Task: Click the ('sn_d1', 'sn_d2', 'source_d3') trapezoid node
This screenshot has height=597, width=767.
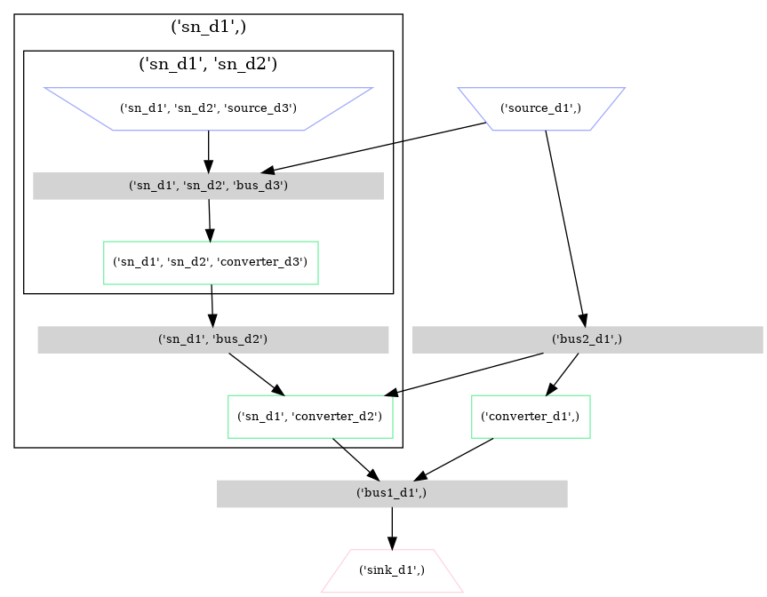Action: tap(208, 108)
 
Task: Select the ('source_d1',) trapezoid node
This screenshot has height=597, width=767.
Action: tap(541, 108)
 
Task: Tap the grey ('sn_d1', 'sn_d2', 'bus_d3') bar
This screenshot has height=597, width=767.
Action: tap(208, 186)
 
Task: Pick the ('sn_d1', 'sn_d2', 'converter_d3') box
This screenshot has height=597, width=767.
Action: tap(211, 262)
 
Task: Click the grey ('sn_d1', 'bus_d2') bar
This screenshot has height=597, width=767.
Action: tap(212, 339)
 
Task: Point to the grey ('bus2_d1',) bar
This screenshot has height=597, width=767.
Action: tap(587, 339)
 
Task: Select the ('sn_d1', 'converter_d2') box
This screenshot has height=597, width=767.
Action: tap(310, 417)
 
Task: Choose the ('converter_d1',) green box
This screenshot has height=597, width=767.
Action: tap(530, 417)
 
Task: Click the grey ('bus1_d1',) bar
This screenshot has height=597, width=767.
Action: tap(391, 494)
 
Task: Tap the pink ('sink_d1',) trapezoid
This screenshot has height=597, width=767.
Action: tap(391, 570)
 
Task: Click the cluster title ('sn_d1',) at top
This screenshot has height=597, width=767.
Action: tap(208, 27)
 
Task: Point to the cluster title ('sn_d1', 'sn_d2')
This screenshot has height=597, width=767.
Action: tap(208, 63)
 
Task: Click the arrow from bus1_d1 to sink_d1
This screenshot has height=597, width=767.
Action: tap(391, 528)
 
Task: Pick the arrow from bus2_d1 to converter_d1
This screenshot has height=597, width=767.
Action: tap(563, 373)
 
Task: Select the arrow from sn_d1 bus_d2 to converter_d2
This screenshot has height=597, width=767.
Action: tap(256, 373)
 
